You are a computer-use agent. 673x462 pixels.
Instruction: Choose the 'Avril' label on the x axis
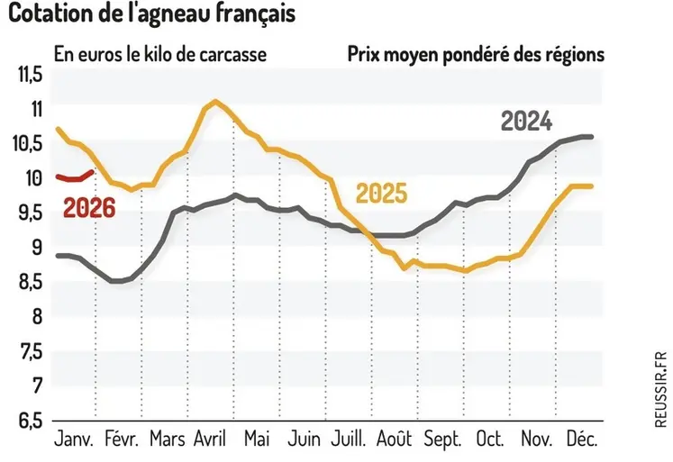(x=210, y=440)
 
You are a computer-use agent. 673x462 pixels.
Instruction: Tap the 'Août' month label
(x=395, y=440)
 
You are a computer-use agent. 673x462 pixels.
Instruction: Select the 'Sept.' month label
(x=442, y=440)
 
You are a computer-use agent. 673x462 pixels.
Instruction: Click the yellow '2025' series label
(x=381, y=193)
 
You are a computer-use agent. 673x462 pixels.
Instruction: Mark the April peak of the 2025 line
(x=215, y=101)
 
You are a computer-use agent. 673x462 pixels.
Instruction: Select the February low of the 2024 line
(x=116, y=281)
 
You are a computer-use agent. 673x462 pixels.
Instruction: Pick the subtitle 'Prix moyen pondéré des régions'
(x=475, y=53)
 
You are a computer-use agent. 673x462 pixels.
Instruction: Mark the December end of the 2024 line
(x=590, y=137)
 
